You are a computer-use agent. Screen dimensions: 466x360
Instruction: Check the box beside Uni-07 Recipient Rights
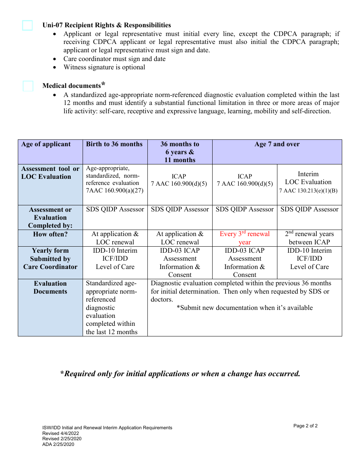27,25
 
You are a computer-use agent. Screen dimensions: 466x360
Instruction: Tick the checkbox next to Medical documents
28,86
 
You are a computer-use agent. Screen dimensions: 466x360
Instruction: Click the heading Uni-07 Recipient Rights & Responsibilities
106,25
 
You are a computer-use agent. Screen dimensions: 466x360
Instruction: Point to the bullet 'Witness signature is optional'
104,67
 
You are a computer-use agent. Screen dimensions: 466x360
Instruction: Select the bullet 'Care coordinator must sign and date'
114,59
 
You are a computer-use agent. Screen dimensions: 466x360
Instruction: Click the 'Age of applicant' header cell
46,144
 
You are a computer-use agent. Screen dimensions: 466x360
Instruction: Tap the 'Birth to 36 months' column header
114,144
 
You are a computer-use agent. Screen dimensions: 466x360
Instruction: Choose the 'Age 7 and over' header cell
277,144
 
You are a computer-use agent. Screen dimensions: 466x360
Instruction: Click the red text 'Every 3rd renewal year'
245,238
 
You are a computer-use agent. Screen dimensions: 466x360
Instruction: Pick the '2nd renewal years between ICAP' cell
309,238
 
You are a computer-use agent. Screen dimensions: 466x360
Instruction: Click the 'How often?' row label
50,234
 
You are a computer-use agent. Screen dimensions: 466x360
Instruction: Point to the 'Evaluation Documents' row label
50,288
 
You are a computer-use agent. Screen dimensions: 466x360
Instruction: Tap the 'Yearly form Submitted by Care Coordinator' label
50,259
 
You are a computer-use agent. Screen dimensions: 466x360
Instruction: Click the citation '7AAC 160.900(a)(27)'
114,191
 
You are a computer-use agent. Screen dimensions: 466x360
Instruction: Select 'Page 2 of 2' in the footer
305,426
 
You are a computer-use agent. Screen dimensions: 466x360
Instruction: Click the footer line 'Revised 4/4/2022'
61,433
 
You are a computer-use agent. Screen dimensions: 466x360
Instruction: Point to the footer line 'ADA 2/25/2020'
58,444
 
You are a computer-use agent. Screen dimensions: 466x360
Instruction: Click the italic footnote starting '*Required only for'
180,374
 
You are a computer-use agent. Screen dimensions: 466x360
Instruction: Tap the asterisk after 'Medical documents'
103,84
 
